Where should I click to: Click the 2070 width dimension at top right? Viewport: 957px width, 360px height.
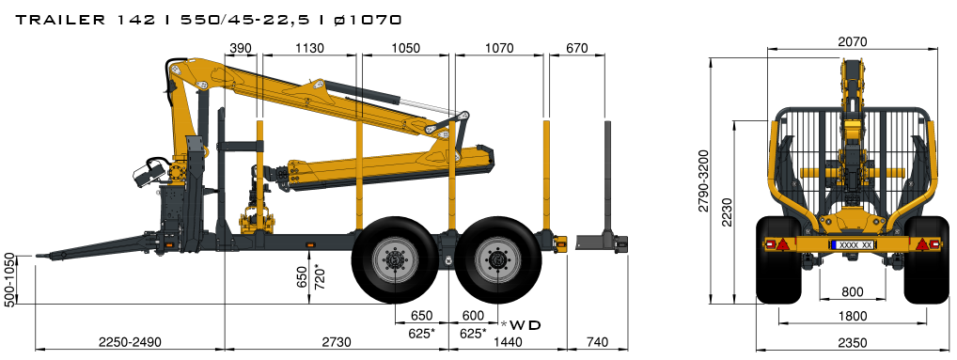(x=852, y=41)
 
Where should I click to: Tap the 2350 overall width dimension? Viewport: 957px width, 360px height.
(x=852, y=343)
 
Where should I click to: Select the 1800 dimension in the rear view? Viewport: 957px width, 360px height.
(x=852, y=316)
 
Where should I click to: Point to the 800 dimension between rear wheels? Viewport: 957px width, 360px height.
(x=852, y=292)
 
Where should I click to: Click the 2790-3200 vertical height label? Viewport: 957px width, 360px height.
(x=704, y=180)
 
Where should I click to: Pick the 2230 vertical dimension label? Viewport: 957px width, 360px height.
(x=727, y=211)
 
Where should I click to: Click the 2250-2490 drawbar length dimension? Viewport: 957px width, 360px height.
(x=130, y=342)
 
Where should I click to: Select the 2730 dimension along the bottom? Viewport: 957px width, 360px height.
(x=337, y=342)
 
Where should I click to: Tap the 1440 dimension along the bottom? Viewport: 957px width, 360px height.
(x=508, y=342)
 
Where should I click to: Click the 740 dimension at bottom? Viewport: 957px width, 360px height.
(x=598, y=342)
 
